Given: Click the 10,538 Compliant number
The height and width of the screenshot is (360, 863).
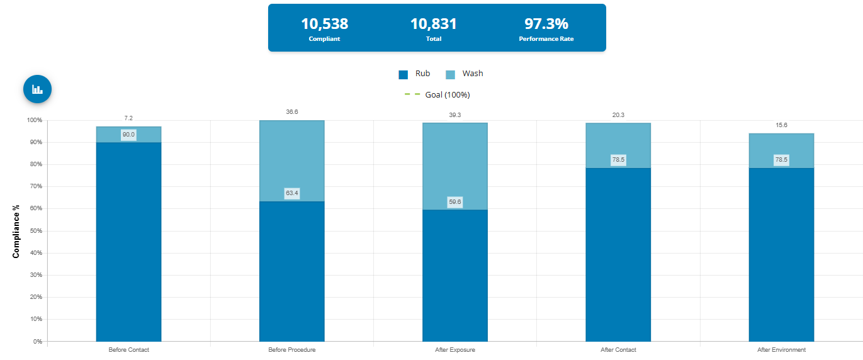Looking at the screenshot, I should coord(324,24).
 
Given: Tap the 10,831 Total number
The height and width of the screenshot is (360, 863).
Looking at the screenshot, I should coord(434,24).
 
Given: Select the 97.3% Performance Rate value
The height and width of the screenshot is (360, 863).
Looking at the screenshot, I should coord(546,24).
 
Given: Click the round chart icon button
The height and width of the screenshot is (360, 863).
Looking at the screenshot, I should coord(37,89).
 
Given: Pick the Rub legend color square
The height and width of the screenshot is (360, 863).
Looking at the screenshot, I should coord(403,74).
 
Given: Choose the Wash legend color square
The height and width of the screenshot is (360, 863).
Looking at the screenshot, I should coord(450,74).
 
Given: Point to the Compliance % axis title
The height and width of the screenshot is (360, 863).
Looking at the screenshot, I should coord(16,231).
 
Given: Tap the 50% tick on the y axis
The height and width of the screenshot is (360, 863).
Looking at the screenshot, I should coord(34,231).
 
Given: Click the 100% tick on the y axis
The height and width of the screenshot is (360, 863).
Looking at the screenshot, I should coord(34,120).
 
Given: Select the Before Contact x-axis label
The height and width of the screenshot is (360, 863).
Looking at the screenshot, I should coord(128,350).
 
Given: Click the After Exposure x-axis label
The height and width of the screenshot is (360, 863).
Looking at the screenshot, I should coord(455,350).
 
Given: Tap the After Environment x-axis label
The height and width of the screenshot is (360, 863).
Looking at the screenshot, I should coord(781,350).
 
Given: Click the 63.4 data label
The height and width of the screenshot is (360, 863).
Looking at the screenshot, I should coord(292,193).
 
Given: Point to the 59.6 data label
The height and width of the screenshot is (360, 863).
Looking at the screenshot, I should coord(455,202).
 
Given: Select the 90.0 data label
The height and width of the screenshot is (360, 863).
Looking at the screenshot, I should coord(128,135).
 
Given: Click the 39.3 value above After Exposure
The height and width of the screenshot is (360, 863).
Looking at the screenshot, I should coord(455,115).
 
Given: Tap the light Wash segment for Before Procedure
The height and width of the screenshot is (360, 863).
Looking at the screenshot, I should coord(292,157).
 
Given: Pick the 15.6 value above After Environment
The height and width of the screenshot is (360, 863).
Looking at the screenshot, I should coord(781,125).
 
